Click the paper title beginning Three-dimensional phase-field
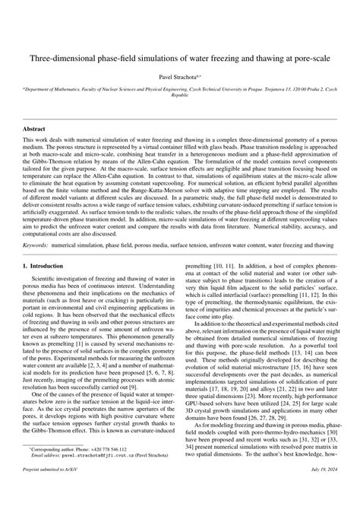click(179, 57)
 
